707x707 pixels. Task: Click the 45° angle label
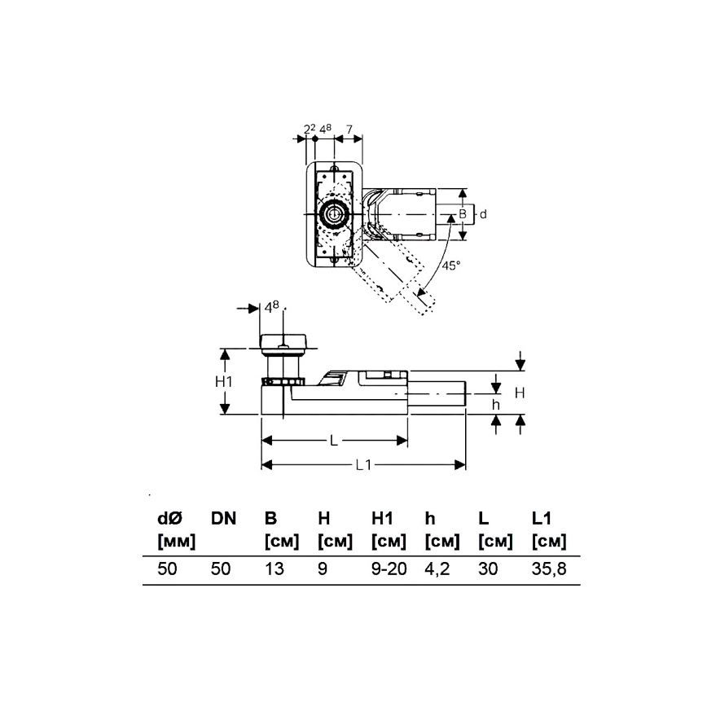(x=450, y=266)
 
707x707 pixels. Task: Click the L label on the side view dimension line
(x=334, y=441)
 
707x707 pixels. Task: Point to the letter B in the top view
(x=463, y=213)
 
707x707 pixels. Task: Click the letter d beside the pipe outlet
(x=482, y=213)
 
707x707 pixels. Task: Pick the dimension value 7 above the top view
(x=349, y=130)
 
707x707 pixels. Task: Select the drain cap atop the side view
(x=282, y=340)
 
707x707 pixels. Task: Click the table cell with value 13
(x=274, y=569)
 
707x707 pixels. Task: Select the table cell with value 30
(x=488, y=569)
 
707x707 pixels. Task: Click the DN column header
(x=223, y=518)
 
